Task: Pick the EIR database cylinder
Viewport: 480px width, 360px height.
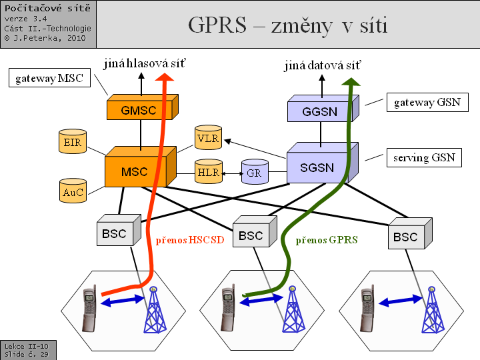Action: point(72,143)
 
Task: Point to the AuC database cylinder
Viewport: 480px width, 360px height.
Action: point(72,191)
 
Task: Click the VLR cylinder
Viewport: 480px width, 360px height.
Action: point(209,138)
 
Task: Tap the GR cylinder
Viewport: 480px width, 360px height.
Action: point(254,173)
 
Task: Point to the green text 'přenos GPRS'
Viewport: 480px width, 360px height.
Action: point(327,240)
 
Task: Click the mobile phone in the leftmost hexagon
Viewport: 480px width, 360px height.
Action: point(90,309)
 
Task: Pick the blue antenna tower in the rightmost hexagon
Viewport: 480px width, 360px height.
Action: point(431,309)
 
